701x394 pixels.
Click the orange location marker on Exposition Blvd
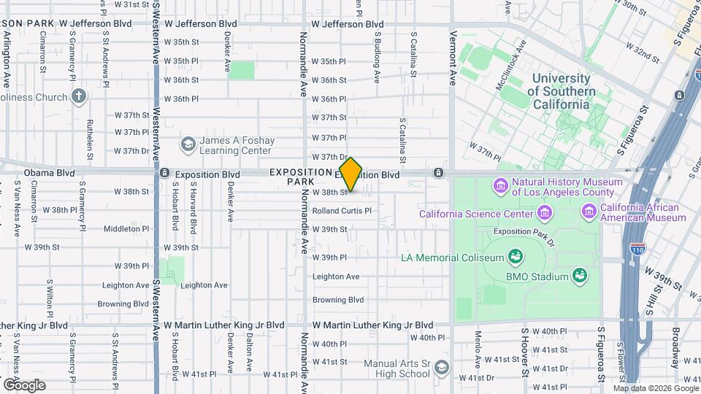[351, 174]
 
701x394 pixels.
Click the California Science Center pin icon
[544, 214]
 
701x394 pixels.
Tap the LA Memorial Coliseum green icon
[516, 257]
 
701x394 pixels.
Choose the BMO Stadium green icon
[580, 276]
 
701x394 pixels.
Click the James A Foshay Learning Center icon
[188, 144]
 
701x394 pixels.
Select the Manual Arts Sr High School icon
[440, 367]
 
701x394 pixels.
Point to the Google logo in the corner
[23, 385]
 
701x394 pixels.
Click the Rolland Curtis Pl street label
[342, 211]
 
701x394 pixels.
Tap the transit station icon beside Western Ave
[165, 174]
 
